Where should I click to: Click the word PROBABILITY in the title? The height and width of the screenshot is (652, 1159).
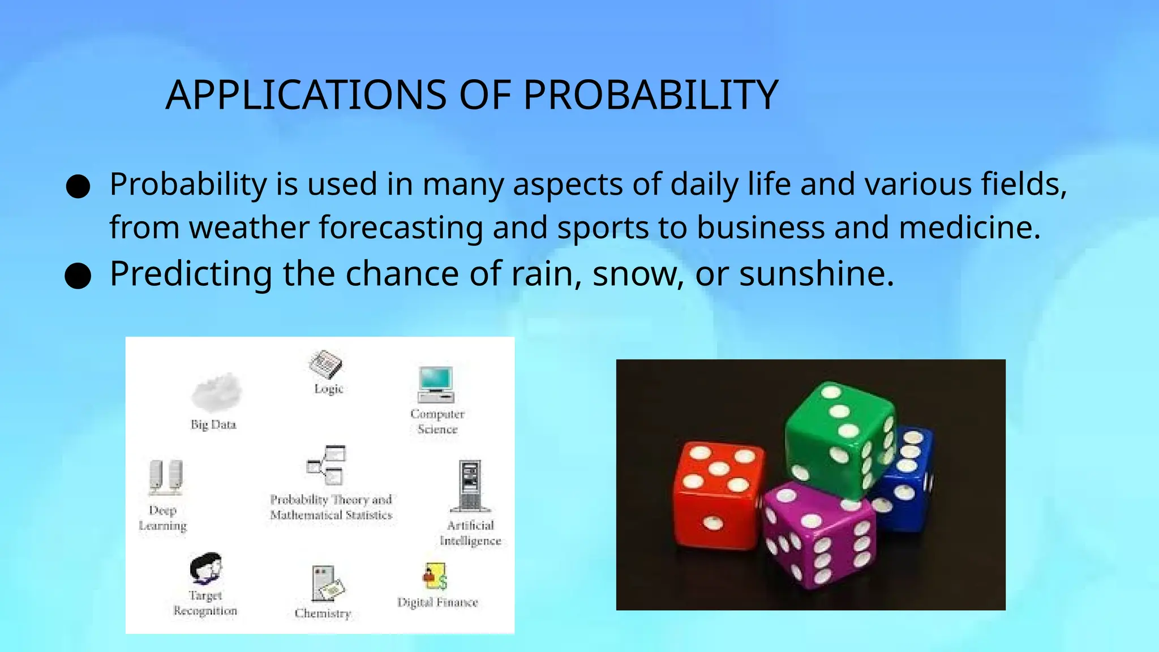(650, 95)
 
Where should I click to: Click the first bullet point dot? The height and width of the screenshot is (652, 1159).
(78, 186)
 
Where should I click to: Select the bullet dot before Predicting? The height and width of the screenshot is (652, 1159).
(78, 276)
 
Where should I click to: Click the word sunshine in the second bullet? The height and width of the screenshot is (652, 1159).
(815, 274)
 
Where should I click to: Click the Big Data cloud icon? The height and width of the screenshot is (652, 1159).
(217, 392)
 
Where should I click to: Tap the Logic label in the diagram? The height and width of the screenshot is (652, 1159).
(329, 389)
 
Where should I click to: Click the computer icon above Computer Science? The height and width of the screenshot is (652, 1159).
(436, 384)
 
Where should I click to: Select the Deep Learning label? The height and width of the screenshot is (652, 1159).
(163, 518)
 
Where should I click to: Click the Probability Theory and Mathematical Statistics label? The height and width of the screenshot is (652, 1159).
(331, 507)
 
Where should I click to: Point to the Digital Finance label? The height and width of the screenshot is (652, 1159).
(437, 602)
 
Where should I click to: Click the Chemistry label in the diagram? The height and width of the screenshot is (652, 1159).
(323, 614)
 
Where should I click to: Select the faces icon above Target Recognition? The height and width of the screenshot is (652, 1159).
(205, 568)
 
